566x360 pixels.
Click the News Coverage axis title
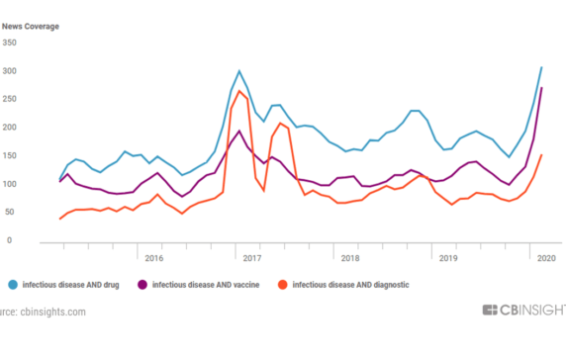pyautogui.click(x=30, y=14)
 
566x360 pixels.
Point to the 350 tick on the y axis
pyautogui.click(x=9, y=43)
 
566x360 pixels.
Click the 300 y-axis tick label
pyautogui.click(x=9, y=71)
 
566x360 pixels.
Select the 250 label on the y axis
pyautogui.click(x=9, y=99)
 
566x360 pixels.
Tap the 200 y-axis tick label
pyautogui.click(x=9, y=128)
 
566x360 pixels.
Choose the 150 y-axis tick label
pyautogui.click(x=9, y=155)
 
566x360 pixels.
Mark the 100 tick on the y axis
pyautogui.click(x=9, y=184)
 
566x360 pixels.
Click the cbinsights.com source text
pyautogui.click(x=45, y=313)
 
